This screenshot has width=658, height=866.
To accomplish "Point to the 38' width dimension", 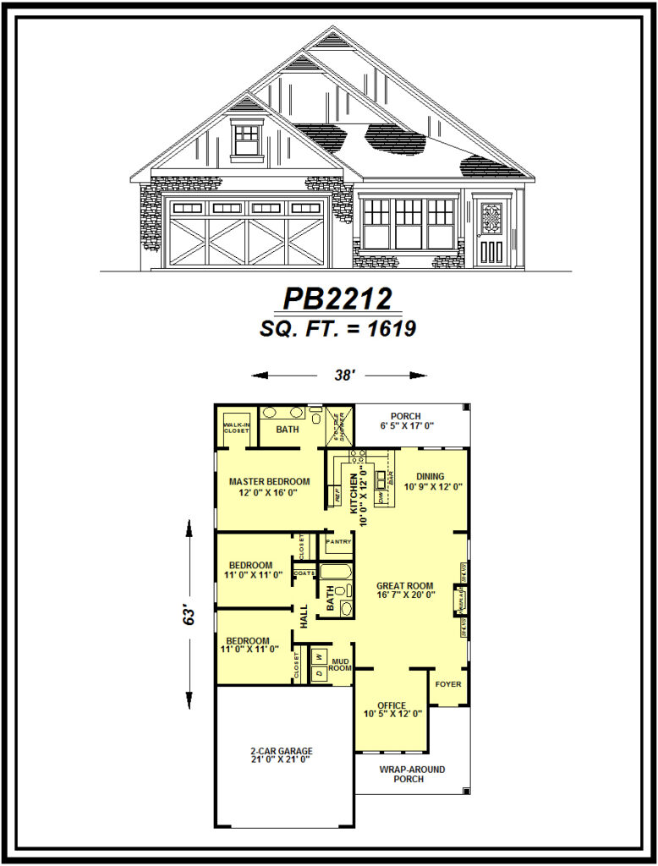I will [340, 375].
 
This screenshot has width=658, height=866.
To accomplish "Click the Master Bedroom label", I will [269, 482].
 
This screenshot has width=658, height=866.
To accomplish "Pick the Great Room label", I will [404, 585].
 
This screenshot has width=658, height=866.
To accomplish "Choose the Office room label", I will [392, 705].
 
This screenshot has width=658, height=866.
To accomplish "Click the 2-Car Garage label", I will [281, 750].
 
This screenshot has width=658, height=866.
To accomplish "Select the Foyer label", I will [448, 683].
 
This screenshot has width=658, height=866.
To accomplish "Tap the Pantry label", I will [338, 541].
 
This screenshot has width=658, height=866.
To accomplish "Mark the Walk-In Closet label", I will [236, 426].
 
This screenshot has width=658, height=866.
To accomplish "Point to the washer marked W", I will [318, 655].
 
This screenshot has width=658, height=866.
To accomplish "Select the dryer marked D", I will [318, 673].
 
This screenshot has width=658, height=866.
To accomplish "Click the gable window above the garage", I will [247, 140].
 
